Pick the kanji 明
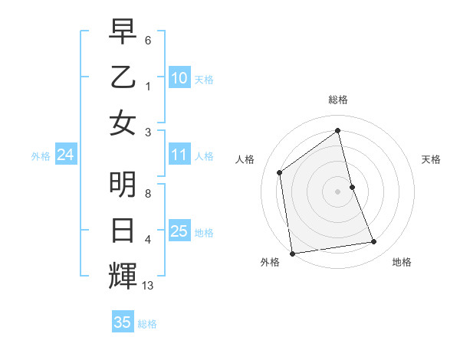tap(123, 184)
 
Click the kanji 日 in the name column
tap(123, 230)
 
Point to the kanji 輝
tap(123, 275)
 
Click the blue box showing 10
tap(179, 78)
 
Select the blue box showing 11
tap(179, 155)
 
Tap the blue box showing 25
tap(179, 231)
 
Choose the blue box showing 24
tap(65, 155)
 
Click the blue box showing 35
tap(123, 322)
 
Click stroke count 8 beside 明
tap(148, 194)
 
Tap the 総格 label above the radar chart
tap(338, 100)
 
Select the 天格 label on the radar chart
tap(431, 159)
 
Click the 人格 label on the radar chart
tap(245, 159)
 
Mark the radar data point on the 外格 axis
tap(292, 254)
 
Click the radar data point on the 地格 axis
tap(374, 242)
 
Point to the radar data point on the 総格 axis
tap(338, 130)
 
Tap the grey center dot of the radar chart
tap(338, 191)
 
